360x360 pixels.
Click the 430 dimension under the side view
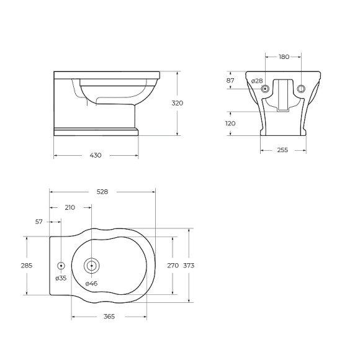95,155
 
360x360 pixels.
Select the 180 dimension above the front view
284,57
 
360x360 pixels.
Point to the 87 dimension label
230,81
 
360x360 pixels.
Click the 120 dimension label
230,123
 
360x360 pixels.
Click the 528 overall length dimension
102,192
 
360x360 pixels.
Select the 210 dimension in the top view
70,207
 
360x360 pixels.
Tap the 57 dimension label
39,222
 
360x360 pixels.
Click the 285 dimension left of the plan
26,265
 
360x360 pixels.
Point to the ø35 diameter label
61,278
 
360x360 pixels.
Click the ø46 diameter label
91,284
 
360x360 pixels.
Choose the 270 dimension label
173,265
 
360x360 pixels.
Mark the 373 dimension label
189,265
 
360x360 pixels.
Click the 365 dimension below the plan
109,317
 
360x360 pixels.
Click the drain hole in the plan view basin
91,265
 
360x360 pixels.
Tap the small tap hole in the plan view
61,265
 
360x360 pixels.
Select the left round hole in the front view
266,89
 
